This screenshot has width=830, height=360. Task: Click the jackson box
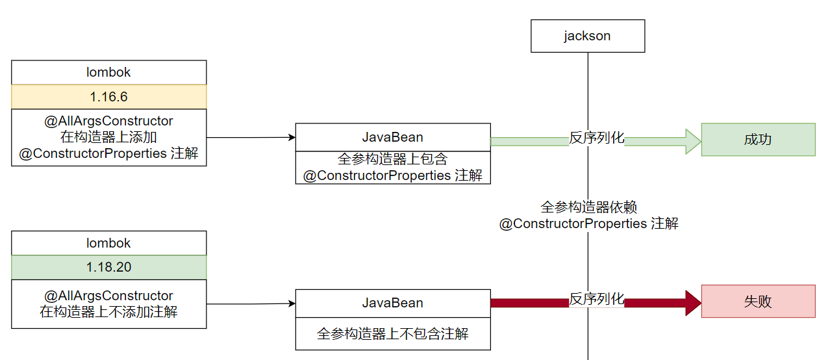point(587,36)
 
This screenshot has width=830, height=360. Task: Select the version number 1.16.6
point(108,97)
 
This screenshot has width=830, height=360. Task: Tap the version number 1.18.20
point(108,267)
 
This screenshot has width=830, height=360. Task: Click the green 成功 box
point(758,140)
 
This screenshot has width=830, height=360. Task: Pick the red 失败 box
point(758,302)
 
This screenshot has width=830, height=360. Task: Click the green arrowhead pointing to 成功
point(693,141)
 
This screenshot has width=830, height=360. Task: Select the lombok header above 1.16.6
point(108,73)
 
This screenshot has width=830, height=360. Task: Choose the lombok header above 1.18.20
point(108,243)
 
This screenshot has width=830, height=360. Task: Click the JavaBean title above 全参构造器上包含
point(392,137)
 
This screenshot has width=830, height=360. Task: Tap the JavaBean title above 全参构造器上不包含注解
point(392,303)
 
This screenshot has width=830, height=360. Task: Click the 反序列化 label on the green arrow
point(596,138)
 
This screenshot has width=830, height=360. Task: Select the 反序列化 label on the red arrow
point(596,299)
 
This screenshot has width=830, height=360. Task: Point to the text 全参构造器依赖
point(588,207)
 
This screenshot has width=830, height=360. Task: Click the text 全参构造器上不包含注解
point(392,334)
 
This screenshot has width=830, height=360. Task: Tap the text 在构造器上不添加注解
point(108,312)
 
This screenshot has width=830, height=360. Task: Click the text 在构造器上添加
point(108,137)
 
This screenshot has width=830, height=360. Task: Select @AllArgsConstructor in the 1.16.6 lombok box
point(108,121)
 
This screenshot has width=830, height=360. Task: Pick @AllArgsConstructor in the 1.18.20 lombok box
point(108,296)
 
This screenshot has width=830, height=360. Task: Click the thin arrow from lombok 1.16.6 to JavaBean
point(250,138)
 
